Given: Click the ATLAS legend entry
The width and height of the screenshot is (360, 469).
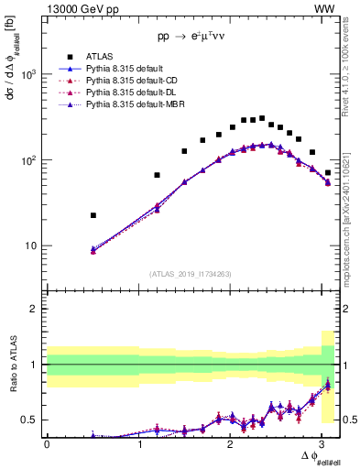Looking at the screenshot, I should [x=100, y=57].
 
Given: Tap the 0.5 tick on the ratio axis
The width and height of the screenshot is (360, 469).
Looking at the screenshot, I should [x=34, y=420].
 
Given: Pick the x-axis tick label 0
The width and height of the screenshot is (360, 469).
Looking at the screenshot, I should [x=47, y=444].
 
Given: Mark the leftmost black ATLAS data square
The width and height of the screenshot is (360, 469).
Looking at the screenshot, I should [x=93, y=215].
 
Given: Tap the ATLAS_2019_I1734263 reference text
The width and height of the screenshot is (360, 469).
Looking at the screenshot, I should [x=191, y=274].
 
